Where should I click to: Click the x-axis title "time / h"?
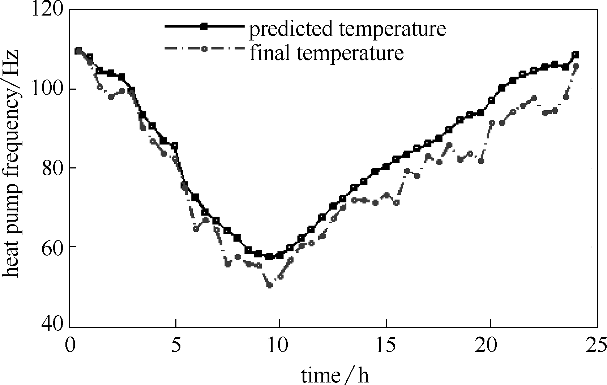[x=335, y=376]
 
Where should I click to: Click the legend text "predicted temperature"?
[x=347, y=29]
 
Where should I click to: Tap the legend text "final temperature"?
[x=326, y=52]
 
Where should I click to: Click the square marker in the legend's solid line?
[x=204, y=26]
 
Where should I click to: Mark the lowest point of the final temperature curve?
[x=269, y=285]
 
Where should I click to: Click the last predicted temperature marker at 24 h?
[x=576, y=55]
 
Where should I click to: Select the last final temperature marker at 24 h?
[x=576, y=66]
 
